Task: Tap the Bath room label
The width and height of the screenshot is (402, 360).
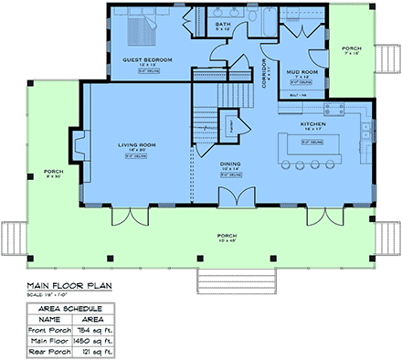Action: click(x=224, y=25)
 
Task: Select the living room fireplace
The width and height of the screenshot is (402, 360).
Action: click(x=79, y=146)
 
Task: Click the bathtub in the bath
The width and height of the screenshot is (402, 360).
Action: click(x=266, y=21)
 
